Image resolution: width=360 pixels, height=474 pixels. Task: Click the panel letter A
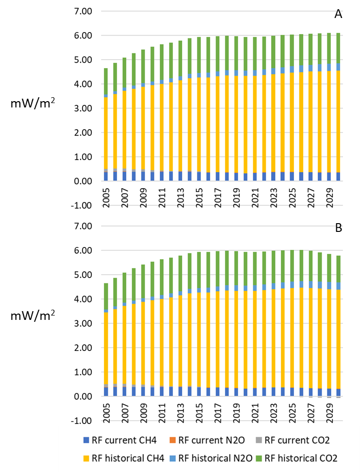[338, 15]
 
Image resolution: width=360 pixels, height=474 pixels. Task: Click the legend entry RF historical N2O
[212, 457]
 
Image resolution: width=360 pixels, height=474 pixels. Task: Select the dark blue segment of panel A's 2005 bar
[105, 176]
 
